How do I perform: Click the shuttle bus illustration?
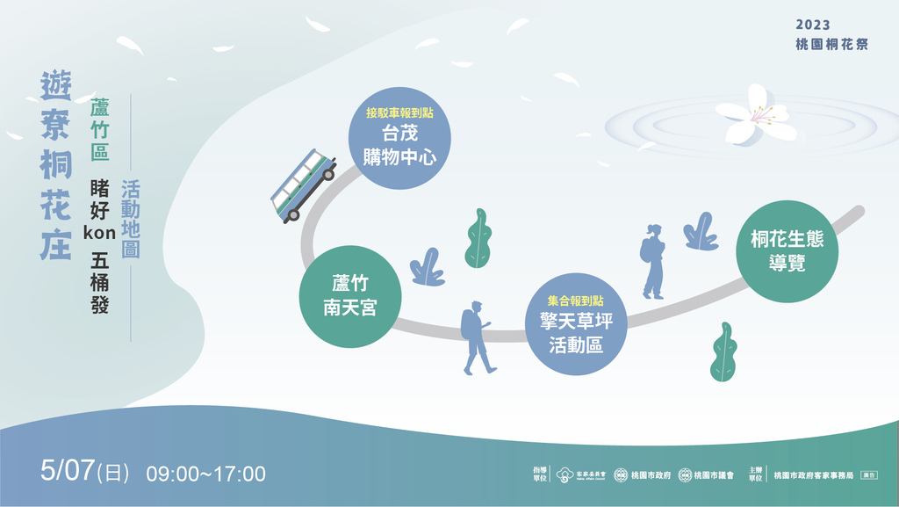[x=303, y=185]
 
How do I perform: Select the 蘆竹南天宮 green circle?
[x=350, y=295]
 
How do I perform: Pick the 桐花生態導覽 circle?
[x=786, y=251]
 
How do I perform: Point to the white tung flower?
[x=756, y=116]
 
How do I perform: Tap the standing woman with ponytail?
[x=652, y=261]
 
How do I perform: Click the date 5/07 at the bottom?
[x=67, y=472]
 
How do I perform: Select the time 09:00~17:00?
[x=205, y=474]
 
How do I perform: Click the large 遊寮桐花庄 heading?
[x=56, y=164]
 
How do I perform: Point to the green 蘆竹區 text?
[x=99, y=130]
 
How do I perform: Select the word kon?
[x=99, y=233]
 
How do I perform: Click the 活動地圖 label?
[x=131, y=219]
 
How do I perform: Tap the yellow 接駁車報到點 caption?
[x=399, y=113]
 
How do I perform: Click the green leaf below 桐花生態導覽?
[x=723, y=351]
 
